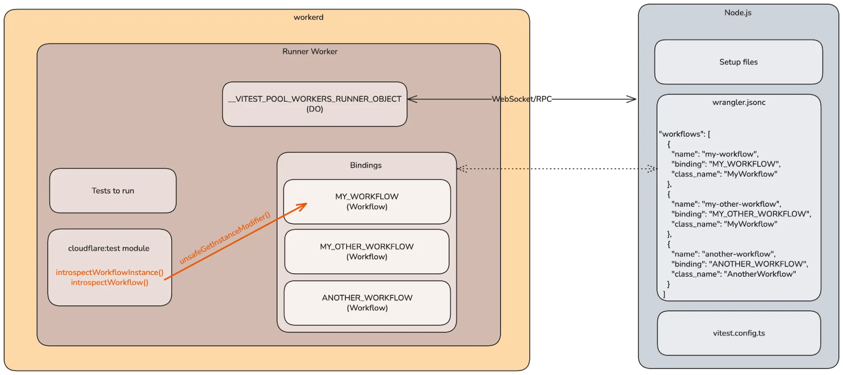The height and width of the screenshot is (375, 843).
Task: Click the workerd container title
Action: point(308,17)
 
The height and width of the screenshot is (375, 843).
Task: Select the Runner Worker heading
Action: point(310,51)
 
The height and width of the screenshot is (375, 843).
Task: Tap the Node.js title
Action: point(738,13)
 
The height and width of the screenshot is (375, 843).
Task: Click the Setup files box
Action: point(738,62)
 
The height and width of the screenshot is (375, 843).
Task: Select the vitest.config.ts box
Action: point(738,333)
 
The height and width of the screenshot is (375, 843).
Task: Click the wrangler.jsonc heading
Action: point(738,103)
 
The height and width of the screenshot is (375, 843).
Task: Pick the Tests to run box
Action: point(113,191)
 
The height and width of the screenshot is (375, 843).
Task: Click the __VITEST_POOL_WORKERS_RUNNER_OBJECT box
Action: point(315,104)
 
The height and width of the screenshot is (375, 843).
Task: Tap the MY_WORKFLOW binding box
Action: point(367,202)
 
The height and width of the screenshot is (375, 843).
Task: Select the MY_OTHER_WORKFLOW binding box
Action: point(366,251)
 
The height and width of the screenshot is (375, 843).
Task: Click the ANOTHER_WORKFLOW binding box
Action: point(367,303)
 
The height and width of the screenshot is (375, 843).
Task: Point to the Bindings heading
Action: point(366,165)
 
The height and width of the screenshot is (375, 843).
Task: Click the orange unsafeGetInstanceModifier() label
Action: point(224,238)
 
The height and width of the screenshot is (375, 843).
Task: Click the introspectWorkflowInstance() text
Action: point(109,272)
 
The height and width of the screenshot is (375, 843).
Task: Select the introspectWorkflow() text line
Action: point(109,283)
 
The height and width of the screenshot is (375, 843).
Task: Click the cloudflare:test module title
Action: point(108,248)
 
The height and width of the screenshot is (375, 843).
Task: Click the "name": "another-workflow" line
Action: point(723,254)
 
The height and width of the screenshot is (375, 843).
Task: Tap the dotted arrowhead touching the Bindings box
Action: point(461,169)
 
